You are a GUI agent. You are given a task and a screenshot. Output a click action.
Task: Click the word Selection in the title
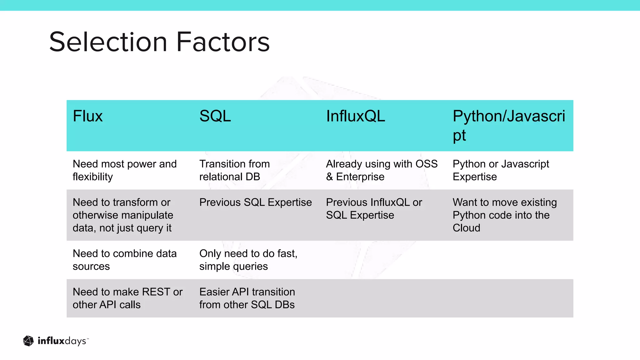pos(108,42)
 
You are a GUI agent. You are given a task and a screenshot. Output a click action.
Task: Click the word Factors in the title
pos(223,42)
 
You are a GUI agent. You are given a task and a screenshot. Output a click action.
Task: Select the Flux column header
pos(88,116)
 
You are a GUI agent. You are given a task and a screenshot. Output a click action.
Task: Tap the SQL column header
pos(215,116)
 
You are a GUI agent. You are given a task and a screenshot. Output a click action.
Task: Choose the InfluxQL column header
pos(355,116)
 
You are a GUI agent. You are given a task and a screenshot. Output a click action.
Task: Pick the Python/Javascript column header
pos(509,125)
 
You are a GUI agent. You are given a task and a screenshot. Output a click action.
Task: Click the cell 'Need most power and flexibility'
pos(124,170)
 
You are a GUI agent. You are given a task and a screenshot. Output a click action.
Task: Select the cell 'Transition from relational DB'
pos(234,170)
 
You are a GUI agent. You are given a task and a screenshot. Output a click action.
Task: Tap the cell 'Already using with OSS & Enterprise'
pos(382,170)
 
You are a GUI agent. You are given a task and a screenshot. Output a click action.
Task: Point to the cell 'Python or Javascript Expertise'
pos(501,170)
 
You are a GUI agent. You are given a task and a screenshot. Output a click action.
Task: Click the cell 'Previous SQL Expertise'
pos(255,202)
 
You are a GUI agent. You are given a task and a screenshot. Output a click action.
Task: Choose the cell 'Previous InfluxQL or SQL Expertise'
pos(374,209)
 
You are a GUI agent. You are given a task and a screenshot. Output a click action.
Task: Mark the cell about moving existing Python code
pos(504,215)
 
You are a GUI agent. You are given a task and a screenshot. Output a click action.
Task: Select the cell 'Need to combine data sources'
pos(124,260)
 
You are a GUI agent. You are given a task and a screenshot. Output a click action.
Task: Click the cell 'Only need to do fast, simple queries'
pos(248,260)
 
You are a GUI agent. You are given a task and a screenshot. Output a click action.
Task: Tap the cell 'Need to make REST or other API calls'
pos(127,298)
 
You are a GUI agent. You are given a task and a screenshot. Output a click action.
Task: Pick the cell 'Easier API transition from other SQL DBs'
pos(247,298)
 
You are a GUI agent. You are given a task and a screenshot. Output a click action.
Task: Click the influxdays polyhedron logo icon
pos(28,341)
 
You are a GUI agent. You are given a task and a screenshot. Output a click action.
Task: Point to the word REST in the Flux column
pos(152,292)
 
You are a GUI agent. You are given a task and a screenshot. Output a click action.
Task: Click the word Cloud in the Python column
pos(466,228)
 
